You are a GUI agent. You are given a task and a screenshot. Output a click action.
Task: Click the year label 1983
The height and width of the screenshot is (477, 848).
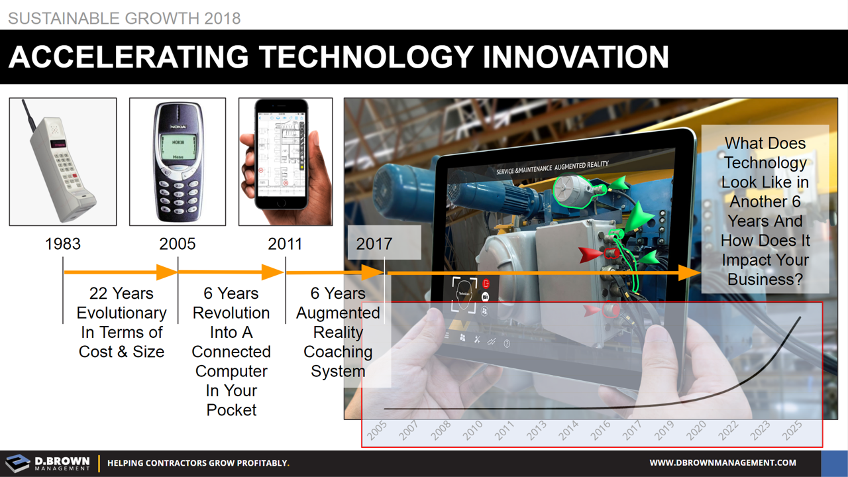click(x=63, y=244)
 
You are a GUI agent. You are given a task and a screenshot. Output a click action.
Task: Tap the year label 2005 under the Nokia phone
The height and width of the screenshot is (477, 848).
click(x=177, y=244)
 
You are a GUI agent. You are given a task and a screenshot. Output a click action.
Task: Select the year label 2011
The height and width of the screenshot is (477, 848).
click(x=285, y=244)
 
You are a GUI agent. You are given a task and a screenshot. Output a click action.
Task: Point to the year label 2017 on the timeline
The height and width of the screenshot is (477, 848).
click(x=374, y=244)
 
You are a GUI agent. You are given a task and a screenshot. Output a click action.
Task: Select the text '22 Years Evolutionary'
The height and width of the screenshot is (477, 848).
click(x=121, y=303)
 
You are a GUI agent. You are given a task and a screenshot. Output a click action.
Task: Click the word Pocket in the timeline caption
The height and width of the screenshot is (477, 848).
click(x=231, y=410)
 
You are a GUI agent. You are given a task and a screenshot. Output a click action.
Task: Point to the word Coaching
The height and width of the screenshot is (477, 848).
click(x=338, y=352)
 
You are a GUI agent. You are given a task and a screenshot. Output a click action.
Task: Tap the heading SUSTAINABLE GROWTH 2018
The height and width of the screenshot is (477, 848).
click(x=124, y=18)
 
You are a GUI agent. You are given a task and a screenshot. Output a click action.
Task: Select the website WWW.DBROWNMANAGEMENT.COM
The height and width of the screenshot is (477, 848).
click(x=723, y=463)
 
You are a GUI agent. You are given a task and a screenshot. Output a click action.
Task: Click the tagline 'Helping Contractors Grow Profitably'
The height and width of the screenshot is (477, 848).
click(x=198, y=463)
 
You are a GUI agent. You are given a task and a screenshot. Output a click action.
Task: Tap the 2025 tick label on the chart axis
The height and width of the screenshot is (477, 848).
click(x=791, y=431)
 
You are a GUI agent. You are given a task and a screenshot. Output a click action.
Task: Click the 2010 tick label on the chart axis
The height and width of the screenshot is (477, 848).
click(x=472, y=431)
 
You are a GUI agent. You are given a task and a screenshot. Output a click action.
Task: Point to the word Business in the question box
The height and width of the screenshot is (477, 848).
click(x=765, y=279)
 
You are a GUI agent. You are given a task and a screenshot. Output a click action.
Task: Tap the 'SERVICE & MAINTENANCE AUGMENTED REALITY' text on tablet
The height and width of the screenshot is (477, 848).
click(x=552, y=168)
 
